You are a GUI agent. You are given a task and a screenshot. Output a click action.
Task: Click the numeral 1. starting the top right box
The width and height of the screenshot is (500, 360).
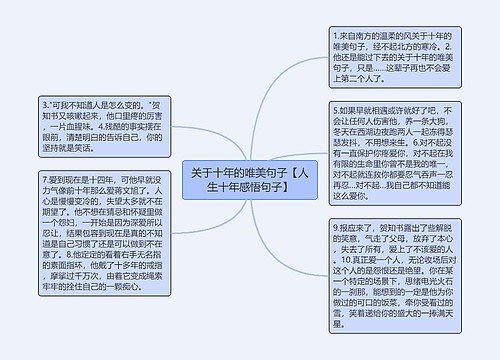click(334, 35)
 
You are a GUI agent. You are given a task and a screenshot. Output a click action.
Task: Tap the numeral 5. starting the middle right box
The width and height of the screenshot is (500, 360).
click(334, 107)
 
